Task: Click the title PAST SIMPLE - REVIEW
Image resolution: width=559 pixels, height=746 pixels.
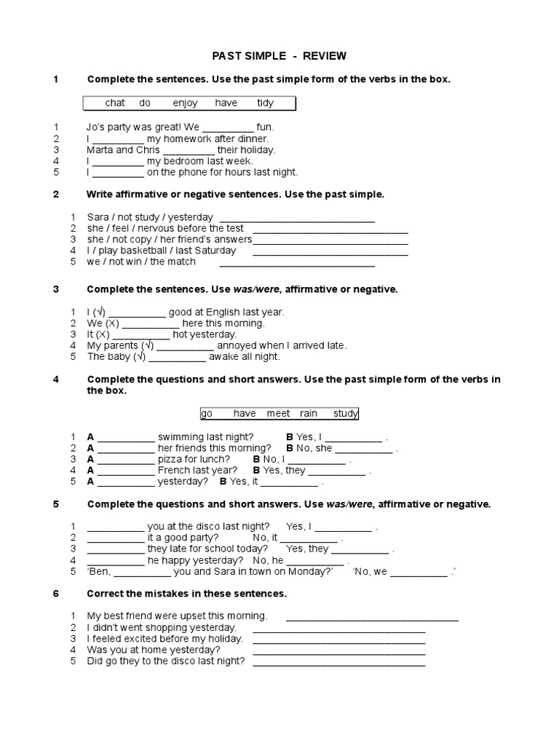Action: click(x=279, y=55)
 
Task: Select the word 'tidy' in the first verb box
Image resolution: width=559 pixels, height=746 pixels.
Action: click(x=265, y=103)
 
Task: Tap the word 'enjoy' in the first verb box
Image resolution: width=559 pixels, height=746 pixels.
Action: click(x=185, y=103)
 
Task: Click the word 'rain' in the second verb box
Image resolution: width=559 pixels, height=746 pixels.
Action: click(x=309, y=413)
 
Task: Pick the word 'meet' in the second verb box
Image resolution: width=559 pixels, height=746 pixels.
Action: click(x=278, y=413)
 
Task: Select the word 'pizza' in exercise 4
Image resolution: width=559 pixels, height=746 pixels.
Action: click(x=173, y=459)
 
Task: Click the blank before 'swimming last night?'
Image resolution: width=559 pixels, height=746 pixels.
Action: click(x=126, y=438)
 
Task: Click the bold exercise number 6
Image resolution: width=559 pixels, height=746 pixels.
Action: click(x=56, y=593)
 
